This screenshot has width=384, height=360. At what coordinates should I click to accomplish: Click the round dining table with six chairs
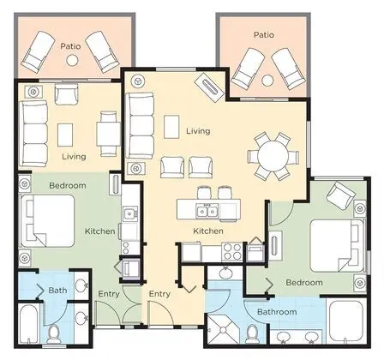[273, 156]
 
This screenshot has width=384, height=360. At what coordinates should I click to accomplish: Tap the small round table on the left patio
[72, 60]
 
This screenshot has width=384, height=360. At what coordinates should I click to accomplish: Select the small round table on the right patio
[267, 81]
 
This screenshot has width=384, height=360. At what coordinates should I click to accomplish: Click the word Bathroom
[277, 312]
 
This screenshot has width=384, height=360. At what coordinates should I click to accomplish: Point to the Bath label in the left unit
[57, 291]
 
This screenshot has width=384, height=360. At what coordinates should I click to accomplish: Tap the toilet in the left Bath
[53, 333]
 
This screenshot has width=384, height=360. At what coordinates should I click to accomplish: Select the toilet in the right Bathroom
[253, 333]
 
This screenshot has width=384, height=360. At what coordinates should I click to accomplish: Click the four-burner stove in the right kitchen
[232, 251]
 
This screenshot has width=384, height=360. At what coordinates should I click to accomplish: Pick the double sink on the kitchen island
[207, 211]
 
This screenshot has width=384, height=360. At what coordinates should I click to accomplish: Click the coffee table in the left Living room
[65, 135]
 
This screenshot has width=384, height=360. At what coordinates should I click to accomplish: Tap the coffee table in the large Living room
[171, 127]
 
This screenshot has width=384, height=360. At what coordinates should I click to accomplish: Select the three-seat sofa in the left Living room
[33, 134]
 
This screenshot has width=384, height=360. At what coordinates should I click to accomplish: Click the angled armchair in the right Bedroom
[341, 195]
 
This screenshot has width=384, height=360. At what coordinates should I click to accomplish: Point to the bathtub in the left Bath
[29, 324]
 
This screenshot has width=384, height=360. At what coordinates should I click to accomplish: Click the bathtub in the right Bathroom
[346, 320]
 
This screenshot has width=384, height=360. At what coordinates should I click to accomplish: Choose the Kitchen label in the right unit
[208, 231]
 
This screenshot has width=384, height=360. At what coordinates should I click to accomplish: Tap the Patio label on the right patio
[264, 35]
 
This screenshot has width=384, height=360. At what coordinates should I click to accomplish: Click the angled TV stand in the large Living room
[209, 87]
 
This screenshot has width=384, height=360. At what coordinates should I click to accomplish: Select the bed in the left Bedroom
[47, 221]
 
